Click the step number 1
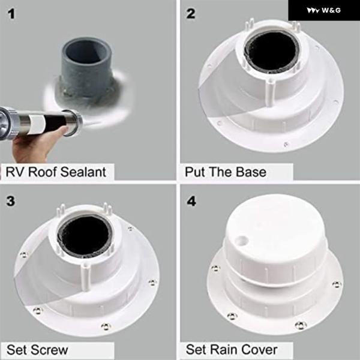tap(11, 14)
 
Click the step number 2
tap(191, 14)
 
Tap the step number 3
tap(11, 201)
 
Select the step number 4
tap(191, 202)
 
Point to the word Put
tap(194, 172)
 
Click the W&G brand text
tap(331, 10)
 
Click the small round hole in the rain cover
tap(243, 241)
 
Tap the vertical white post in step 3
tap(85, 277)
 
